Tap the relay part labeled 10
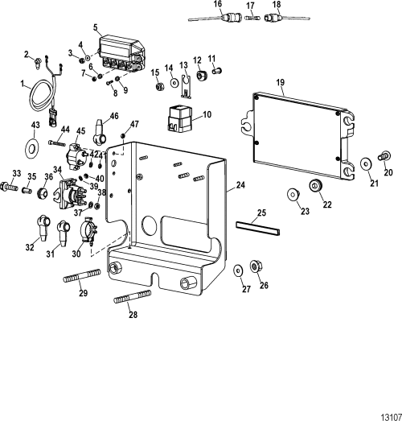[183, 119]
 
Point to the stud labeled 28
[135, 303]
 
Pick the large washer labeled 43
[35, 147]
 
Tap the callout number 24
[239, 186]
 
